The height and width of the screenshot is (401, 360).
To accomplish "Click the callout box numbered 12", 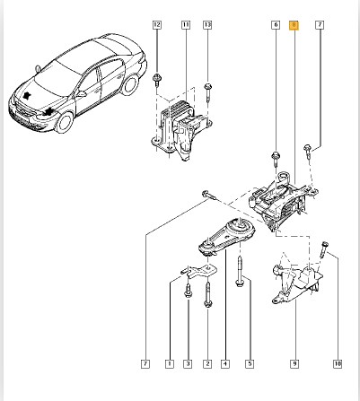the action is [157, 25].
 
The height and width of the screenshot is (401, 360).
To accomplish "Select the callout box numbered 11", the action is [186, 25].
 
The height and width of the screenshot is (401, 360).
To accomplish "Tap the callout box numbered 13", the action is [207, 25].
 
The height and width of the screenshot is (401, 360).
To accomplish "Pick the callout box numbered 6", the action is [276, 25].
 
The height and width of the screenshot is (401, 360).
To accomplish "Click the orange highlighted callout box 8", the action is [294, 25].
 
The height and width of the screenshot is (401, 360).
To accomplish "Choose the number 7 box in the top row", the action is [320, 25].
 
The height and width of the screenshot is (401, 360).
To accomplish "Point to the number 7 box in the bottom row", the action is [145, 364].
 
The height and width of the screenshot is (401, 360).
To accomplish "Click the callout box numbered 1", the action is [170, 364].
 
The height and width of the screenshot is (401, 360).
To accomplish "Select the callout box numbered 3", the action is [188, 364].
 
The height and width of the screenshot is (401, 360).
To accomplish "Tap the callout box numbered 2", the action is [207, 364].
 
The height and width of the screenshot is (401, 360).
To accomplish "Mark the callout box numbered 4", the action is [225, 364].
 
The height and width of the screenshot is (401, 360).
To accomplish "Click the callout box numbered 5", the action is [250, 364].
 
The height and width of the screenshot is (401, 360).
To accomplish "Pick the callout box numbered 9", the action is [294, 364].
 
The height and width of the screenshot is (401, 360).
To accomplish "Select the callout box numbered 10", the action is [338, 364].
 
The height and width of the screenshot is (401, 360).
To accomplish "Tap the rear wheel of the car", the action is [130, 84].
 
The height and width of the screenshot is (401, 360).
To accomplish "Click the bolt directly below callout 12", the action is [156, 81].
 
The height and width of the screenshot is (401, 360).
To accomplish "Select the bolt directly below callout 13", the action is [208, 92].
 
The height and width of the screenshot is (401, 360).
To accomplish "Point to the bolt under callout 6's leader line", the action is [276, 159].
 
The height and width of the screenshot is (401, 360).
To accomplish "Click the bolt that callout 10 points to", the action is [324, 249].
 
